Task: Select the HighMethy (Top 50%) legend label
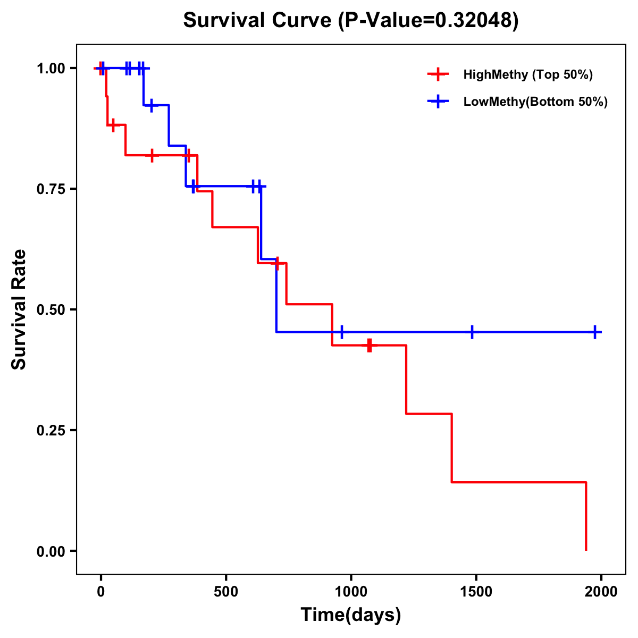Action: (x=527, y=74)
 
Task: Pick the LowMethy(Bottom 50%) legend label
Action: (x=535, y=102)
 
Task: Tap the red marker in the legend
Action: (x=438, y=74)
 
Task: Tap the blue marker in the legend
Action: (x=438, y=102)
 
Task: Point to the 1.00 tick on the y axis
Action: (x=51, y=68)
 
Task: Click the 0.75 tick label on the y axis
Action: (x=51, y=189)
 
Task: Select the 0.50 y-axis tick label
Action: (x=51, y=309)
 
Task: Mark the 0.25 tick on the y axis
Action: (x=51, y=430)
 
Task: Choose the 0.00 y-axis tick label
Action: (x=51, y=551)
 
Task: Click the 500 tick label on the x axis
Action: (x=226, y=592)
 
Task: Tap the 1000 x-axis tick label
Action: (x=351, y=592)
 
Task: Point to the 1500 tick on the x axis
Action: (x=476, y=592)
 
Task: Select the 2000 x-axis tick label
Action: (x=601, y=592)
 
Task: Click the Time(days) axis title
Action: (x=351, y=615)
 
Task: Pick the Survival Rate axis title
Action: (x=19, y=309)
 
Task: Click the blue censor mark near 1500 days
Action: (x=472, y=332)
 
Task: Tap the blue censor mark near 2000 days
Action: (x=595, y=332)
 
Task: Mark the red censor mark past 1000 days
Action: (x=370, y=345)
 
